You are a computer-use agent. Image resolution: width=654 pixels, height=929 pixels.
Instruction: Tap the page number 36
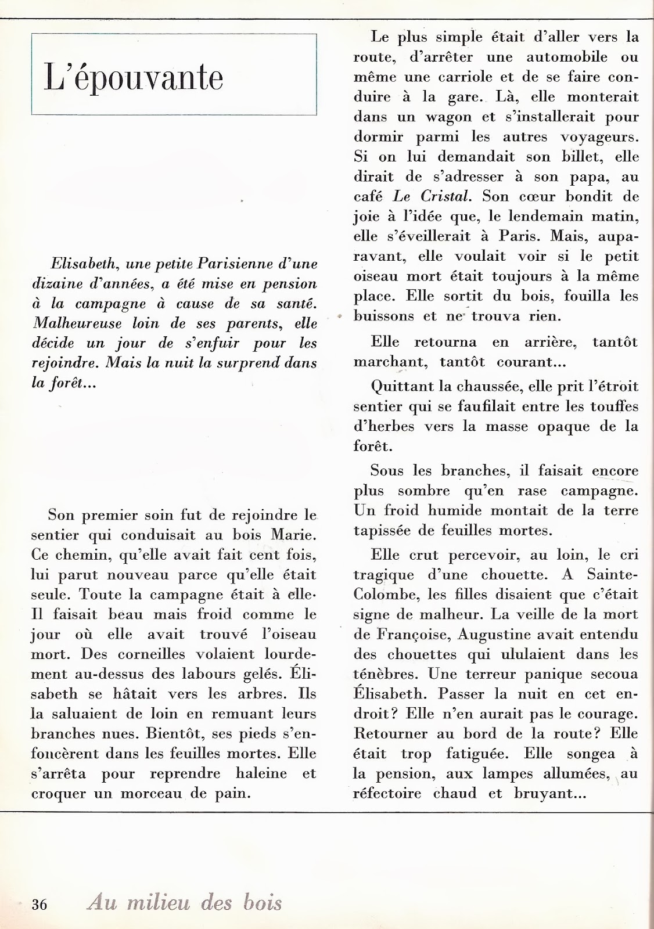click(x=39, y=904)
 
